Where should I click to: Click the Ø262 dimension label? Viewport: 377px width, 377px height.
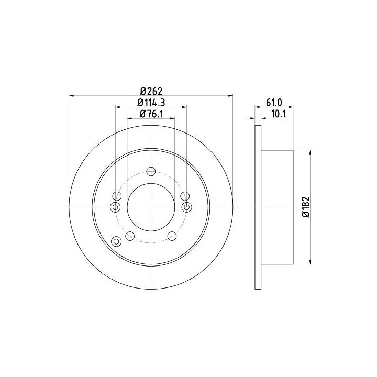(x=151, y=91)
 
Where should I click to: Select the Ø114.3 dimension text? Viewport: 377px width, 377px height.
(x=151, y=103)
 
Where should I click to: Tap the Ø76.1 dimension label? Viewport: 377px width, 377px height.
(x=151, y=114)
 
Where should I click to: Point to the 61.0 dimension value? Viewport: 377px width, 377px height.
(x=274, y=103)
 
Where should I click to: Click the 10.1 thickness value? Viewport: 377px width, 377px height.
(x=279, y=114)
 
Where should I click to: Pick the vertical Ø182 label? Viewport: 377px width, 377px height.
(x=306, y=207)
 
